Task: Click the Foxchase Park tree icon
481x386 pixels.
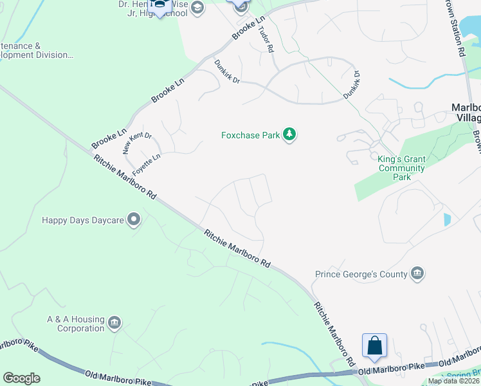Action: [x=289, y=134]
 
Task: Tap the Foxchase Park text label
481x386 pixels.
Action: [x=251, y=135]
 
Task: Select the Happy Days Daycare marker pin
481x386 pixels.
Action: [x=134, y=220]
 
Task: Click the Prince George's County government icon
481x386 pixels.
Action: [x=418, y=274]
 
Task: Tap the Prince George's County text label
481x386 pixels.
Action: [x=361, y=275]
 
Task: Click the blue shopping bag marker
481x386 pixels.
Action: [x=374, y=346]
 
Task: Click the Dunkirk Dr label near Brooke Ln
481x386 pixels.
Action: [x=227, y=71]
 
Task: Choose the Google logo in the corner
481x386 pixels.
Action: [x=21, y=378]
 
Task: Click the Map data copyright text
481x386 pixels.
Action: [x=453, y=381]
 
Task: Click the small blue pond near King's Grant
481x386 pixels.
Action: [x=447, y=219]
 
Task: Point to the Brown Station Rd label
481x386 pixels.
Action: [x=455, y=29]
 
